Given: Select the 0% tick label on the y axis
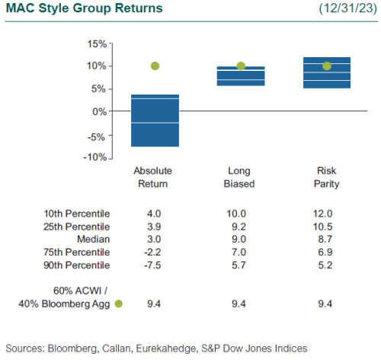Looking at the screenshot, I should click(x=98, y=111).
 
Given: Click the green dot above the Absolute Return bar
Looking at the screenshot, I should click(x=155, y=66).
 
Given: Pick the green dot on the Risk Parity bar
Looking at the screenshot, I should click(x=327, y=66).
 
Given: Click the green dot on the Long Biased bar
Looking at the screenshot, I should click(x=241, y=66).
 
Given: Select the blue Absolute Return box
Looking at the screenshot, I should click(x=155, y=121).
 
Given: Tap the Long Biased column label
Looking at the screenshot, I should click(x=241, y=178).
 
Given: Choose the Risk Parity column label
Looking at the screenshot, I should click(x=327, y=178).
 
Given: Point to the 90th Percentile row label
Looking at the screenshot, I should click(x=75, y=265).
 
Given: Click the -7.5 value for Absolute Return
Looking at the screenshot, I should click(x=155, y=265).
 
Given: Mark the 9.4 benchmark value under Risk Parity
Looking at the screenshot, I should click(x=327, y=304).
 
